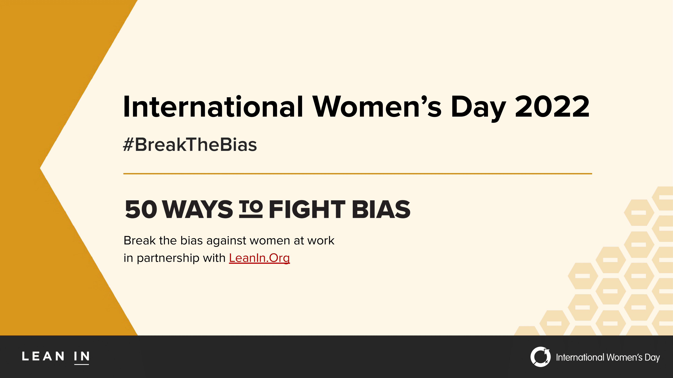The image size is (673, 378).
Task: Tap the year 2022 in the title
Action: point(552,107)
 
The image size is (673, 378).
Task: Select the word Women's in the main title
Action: point(377,107)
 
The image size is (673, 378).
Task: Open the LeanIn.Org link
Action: point(259,258)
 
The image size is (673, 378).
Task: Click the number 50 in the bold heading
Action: point(141,209)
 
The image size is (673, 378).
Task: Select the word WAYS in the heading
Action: point(198,209)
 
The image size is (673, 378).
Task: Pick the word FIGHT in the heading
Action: point(307,209)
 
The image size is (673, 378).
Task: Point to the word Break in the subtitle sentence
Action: point(140,240)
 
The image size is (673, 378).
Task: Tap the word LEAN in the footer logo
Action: point(43,356)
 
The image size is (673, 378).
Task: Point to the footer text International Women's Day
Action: point(608,357)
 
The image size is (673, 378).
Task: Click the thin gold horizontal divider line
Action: point(357,174)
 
